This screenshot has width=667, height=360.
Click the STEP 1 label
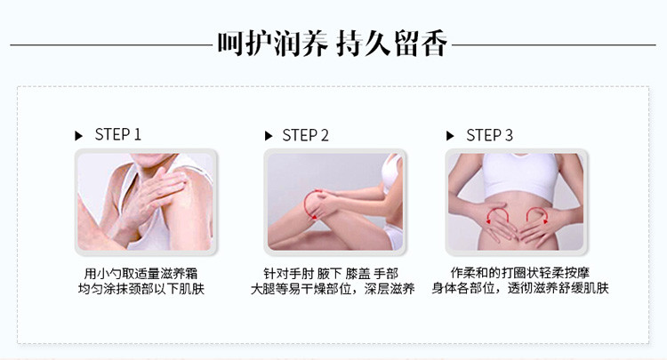pyautogui.click(x=117, y=135)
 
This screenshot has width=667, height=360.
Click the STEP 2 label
pyautogui.click(x=305, y=136)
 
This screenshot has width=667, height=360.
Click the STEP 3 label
pyautogui.click(x=490, y=136)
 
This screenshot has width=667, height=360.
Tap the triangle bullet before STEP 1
pyautogui.click(x=78, y=136)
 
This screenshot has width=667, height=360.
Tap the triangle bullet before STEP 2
pyautogui.click(x=269, y=136)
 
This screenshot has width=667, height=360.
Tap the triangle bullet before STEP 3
pyautogui.click(x=450, y=136)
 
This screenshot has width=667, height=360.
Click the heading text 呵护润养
pyautogui.click(x=272, y=44)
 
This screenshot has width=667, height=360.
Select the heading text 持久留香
pyautogui.click(x=391, y=44)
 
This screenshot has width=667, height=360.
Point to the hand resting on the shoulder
pyautogui.click(x=157, y=194)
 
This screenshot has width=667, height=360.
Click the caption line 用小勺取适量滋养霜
pyautogui.click(x=141, y=273)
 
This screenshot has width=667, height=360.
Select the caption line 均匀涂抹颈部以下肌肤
pyautogui.click(x=141, y=289)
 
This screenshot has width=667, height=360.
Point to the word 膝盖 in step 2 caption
pyautogui.click(x=358, y=273)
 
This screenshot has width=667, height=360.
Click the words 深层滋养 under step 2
pyautogui.click(x=390, y=289)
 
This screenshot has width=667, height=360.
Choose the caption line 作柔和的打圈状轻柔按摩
pyautogui.click(x=520, y=272)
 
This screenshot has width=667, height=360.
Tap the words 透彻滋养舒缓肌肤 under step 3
pyautogui.click(x=559, y=288)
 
